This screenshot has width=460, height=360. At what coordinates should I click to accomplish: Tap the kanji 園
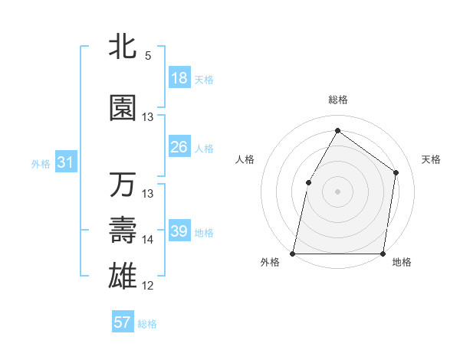click(x=123, y=109)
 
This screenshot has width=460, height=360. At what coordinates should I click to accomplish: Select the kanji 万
click(x=123, y=185)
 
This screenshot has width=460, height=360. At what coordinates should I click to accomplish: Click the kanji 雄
click(x=123, y=275)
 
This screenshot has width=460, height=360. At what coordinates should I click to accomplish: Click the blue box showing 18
click(x=179, y=78)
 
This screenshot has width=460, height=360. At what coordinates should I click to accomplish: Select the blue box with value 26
click(x=179, y=148)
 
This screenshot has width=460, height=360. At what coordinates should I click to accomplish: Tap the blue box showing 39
click(x=179, y=231)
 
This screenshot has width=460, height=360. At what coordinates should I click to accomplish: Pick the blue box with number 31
click(x=66, y=162)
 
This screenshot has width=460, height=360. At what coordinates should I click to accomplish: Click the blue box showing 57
click(x=123, y=322)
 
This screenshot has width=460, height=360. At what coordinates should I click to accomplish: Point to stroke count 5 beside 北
click(x=148, y=56)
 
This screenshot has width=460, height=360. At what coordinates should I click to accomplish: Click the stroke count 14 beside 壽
click(x=148, y=240)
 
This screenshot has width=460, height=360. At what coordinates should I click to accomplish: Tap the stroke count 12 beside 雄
click(x=148, y=286)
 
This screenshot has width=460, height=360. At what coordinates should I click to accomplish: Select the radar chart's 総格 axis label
click(x=337, y=100)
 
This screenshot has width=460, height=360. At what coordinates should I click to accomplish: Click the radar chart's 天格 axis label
click(x=431, y=159)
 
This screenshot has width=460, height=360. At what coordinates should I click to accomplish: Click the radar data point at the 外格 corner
click(x=293, y=253)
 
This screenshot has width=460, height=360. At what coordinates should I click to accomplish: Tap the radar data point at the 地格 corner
click(x=383, y=253)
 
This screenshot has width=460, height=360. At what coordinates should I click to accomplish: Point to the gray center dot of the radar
click(x=337, y=191)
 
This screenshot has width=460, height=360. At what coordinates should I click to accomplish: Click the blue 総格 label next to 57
click(x=147, y=324)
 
